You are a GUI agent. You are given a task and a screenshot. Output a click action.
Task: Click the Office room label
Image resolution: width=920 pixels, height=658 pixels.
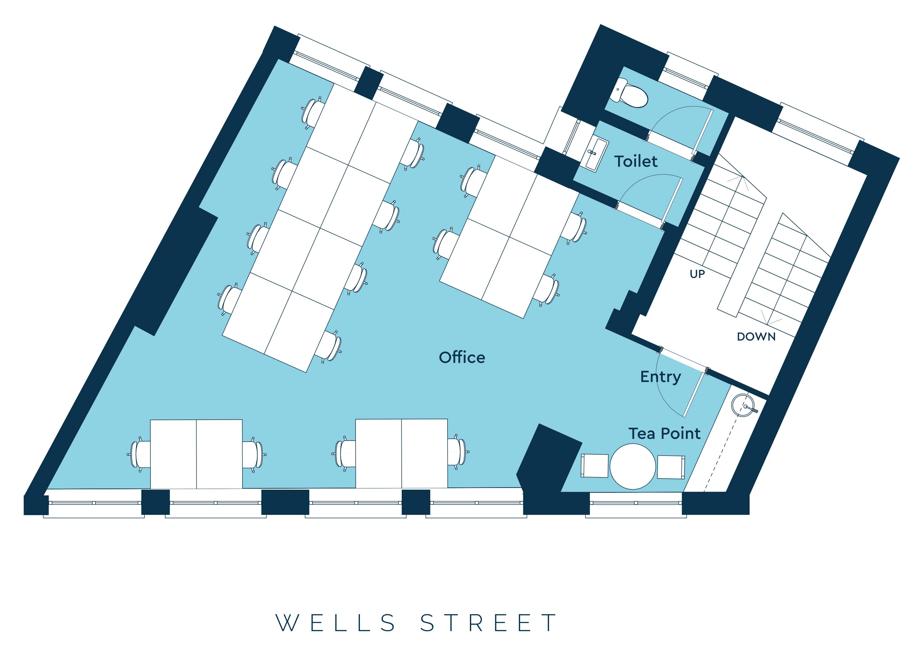coord(462,357)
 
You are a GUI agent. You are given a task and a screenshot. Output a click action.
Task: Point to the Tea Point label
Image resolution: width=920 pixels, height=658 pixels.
coord(664,433)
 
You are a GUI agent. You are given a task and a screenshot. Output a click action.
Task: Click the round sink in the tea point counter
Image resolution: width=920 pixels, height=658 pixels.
coord(743,405)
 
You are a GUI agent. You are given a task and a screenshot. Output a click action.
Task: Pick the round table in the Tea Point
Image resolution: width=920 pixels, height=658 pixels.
coord(632,466)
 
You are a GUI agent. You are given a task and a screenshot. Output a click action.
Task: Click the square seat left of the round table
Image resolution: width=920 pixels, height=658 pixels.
coord(594,466)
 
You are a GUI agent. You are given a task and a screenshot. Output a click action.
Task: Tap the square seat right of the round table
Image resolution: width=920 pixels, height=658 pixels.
coord(671,467)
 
